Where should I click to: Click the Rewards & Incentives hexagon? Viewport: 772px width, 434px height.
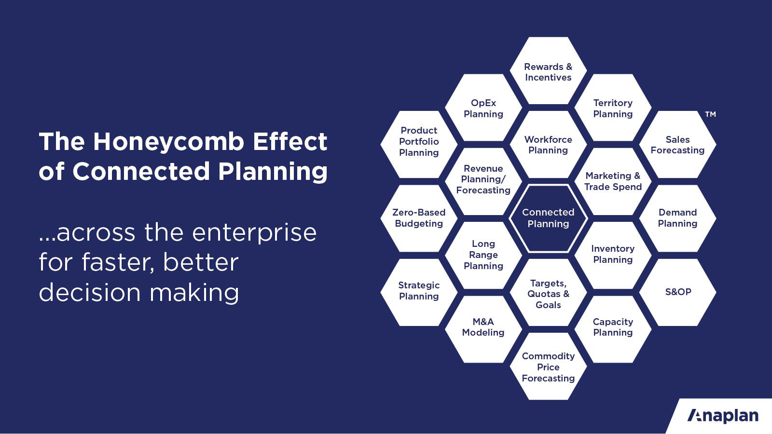(x=548, y=70)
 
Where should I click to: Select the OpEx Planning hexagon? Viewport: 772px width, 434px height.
(x=483, y=108)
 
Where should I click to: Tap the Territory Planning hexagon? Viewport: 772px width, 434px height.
(x=613, y=108)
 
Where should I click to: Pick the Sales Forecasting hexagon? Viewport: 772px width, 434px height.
(x=677, y=144)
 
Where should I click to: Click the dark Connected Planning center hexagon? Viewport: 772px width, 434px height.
(x=548, y=218)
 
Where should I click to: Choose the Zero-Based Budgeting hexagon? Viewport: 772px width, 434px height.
(x=419, y=218)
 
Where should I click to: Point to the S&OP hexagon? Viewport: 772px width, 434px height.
(x=677, y=292)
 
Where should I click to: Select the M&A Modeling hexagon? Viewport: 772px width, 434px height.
(x=483, y=329)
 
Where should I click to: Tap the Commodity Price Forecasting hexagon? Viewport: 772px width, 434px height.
(x=548, y=366)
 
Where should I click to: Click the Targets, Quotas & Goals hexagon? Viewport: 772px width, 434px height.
(x=548, y=292)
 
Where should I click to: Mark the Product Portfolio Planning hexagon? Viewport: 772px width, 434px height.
(x=419, y=144)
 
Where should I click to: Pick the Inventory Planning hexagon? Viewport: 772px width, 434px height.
(x=613, y=255)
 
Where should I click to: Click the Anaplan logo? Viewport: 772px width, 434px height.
(x=723, y=416)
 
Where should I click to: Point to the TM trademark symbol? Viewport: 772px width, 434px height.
(x=710, y=114)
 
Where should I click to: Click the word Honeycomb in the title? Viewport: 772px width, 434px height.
(x=168, y=142)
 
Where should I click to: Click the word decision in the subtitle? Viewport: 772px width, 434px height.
(x=90, y=293)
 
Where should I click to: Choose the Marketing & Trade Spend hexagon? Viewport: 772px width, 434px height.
(x=613, y=181)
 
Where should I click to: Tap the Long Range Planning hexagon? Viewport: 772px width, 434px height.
(x=483, y=255)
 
